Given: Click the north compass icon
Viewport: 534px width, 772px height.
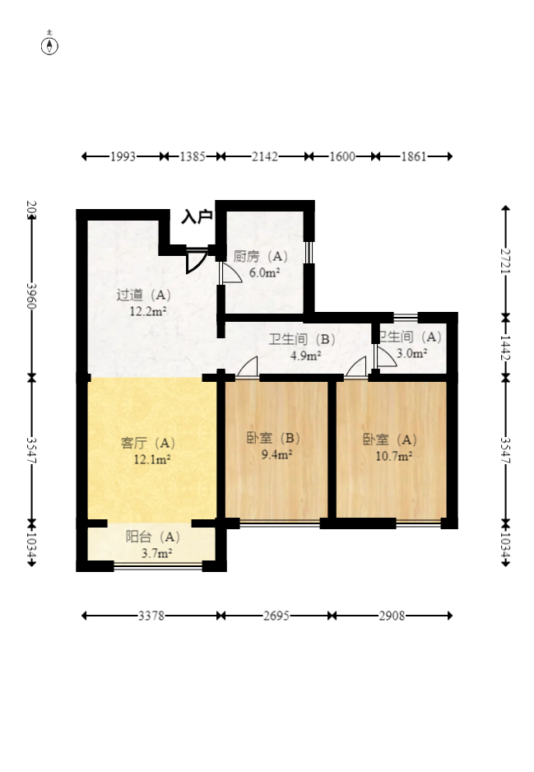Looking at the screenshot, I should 50,44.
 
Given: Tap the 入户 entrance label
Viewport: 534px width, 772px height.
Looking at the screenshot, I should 197,217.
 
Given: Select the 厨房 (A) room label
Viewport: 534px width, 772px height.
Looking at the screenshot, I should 261,256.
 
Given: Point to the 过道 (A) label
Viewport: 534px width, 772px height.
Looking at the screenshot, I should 144,295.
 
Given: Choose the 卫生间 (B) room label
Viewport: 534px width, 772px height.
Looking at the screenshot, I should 302,339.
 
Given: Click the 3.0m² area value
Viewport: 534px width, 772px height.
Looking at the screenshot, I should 411,353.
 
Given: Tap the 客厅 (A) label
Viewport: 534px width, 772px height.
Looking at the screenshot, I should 149,443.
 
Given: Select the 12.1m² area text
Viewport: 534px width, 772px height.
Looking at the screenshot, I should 152,459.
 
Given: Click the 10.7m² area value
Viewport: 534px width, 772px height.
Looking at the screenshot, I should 394,454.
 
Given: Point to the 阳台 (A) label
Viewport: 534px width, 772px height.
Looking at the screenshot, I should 153,537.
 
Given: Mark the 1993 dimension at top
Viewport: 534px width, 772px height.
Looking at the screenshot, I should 123,156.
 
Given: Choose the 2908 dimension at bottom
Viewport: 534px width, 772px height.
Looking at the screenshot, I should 392,616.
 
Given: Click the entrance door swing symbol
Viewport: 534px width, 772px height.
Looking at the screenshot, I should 196,260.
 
